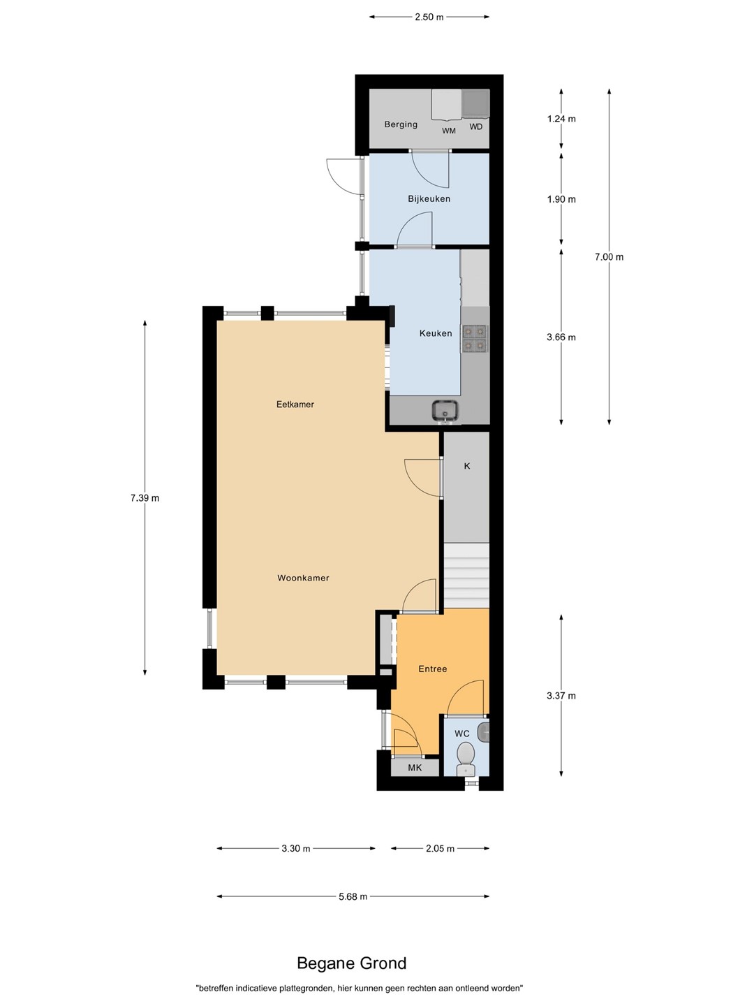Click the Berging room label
[401, 124]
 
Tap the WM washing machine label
[449, 131]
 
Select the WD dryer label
[475, 126]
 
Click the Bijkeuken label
[429, 198]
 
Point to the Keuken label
[436, 333]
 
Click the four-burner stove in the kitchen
[474, 337]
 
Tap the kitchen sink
[445, 410]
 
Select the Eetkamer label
[295, 404]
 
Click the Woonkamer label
[303, 578]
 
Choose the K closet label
[467, 466]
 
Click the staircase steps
[467, 576]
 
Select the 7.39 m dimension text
[145, 497]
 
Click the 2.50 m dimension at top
[429, 17]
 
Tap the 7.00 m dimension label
[609, 256]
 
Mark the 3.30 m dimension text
[296, 848]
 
